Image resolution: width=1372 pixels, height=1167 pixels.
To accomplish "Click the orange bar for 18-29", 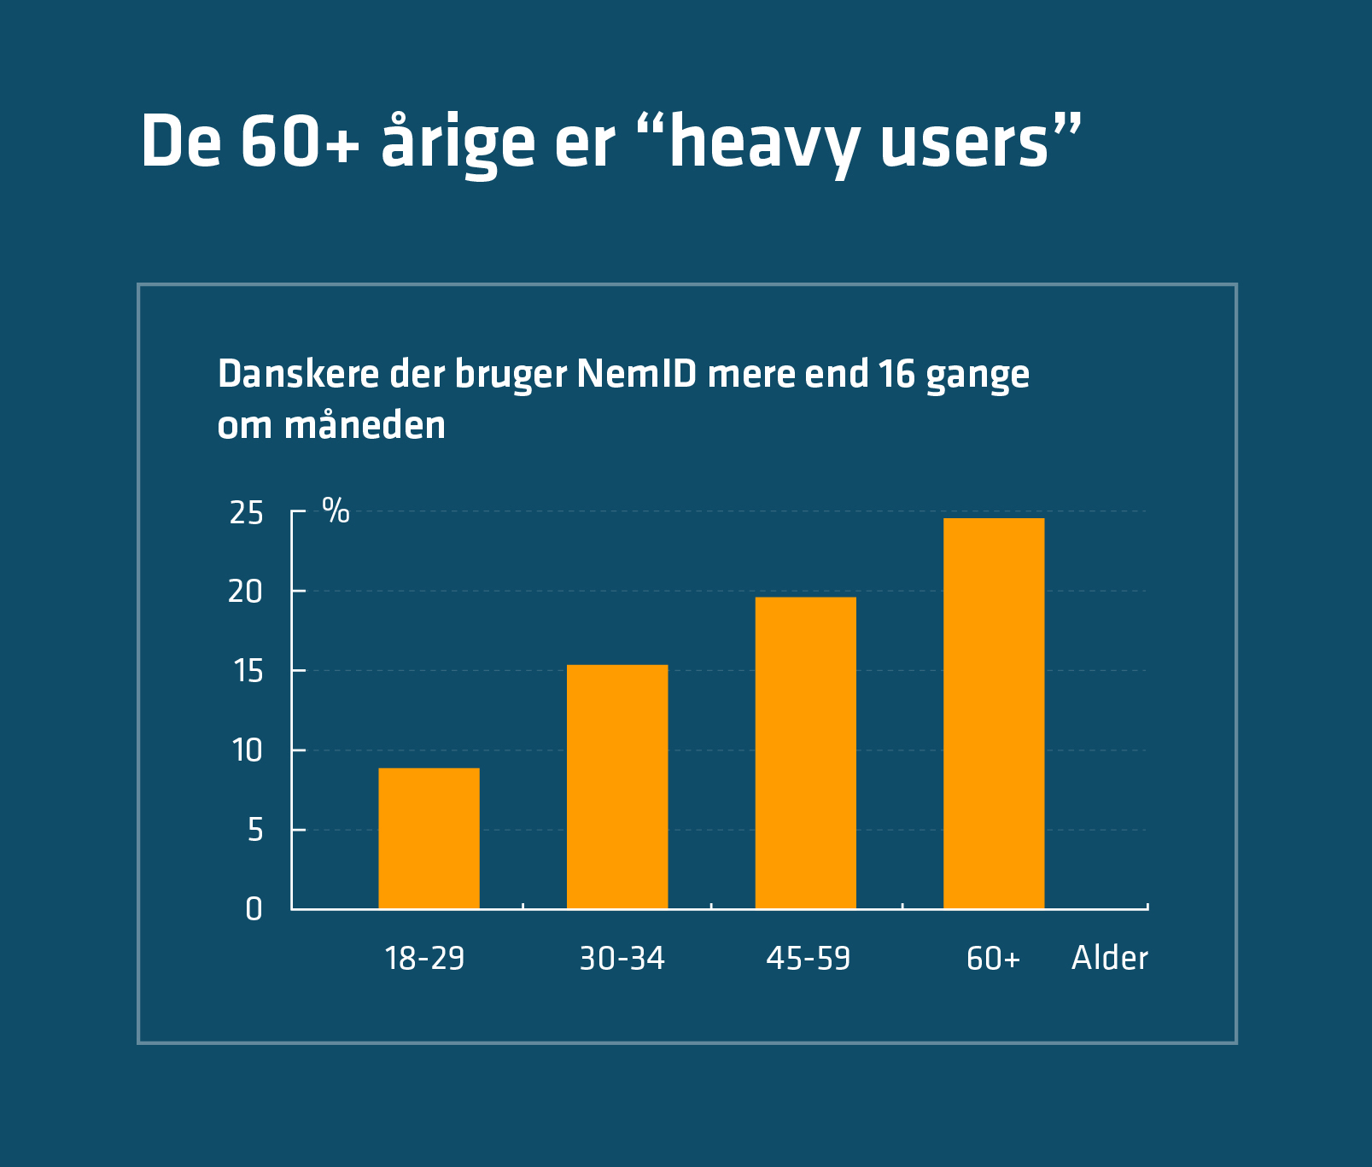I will coord(429,837).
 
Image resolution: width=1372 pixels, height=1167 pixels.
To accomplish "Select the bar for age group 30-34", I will coord(617,786).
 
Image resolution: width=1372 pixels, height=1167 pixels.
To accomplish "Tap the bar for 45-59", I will coord(805,752).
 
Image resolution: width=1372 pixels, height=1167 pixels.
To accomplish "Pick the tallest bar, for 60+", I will coord(994,713).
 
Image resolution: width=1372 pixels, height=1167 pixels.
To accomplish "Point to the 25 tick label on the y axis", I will coord(246,513).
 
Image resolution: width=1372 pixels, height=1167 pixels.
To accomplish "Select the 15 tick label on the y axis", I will coord(248,672).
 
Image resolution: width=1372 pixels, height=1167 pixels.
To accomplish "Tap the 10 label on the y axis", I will coord(247,751).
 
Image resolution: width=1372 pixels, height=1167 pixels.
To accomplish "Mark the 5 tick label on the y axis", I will coord(254,830).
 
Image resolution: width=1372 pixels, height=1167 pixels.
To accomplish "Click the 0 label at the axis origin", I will coord(254,909).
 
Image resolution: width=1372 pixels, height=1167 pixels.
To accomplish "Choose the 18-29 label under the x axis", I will coord(424,959).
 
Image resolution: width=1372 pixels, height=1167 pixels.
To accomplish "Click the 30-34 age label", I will coord(622,959).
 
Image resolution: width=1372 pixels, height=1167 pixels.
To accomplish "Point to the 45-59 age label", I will coord(808,959).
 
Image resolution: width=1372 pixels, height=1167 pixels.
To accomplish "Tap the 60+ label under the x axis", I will coord(993,959).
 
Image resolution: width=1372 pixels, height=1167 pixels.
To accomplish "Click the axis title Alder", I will coord(1109,958).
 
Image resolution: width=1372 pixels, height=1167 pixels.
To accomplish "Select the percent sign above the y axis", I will coord(336,511).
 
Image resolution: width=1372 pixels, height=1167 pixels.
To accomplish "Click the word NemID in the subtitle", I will coord(636,374).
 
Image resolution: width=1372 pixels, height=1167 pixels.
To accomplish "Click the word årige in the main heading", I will coord(458,142).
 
